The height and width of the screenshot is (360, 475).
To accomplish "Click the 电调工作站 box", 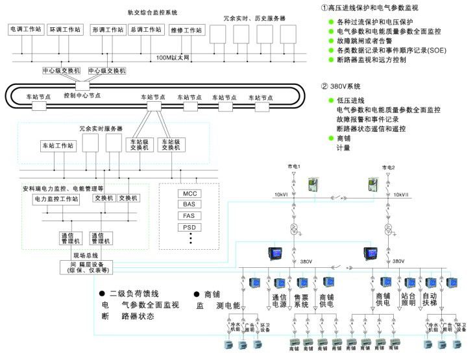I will (x=25, y=30).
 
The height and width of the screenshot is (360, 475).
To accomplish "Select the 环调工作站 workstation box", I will (x=65, y=30).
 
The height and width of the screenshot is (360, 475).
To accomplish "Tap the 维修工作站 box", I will (x=187, y=30).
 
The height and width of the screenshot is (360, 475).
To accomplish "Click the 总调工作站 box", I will (x=146, y=30).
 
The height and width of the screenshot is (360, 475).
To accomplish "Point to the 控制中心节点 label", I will (x=82, y=95).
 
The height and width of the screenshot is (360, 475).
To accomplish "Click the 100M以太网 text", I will (x=173, y=58).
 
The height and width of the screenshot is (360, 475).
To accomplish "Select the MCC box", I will (x=189, y=193).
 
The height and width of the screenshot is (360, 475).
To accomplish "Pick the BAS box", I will (x=189, y=204).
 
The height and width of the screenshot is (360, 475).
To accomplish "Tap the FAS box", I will (x=189, y=216).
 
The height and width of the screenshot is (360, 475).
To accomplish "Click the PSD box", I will (x=189, y=228).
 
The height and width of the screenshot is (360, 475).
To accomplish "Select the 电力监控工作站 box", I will (x=56, y=199).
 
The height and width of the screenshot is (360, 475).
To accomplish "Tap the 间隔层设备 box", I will (x=85, y=267).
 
